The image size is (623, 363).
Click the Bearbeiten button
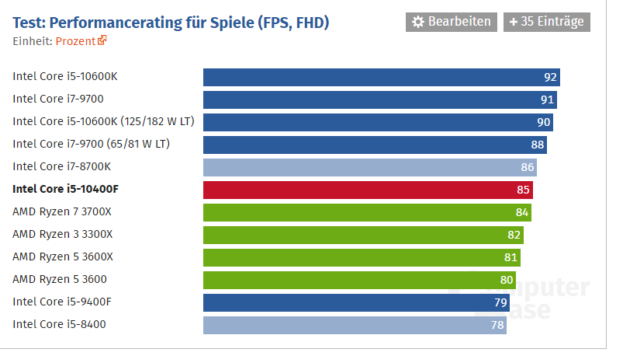tap(452, 22)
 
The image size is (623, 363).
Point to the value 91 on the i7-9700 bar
tap(547, 99)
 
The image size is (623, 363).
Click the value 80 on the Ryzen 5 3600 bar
tap(507, 280)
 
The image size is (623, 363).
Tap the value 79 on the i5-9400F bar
tap(500, 302)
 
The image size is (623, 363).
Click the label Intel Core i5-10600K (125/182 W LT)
tap(103, 121)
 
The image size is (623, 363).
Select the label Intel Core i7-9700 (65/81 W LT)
tap(91, 144)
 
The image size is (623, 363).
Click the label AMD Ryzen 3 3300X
tap(63, 234)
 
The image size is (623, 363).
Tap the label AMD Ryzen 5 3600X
tap(63, 257)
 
